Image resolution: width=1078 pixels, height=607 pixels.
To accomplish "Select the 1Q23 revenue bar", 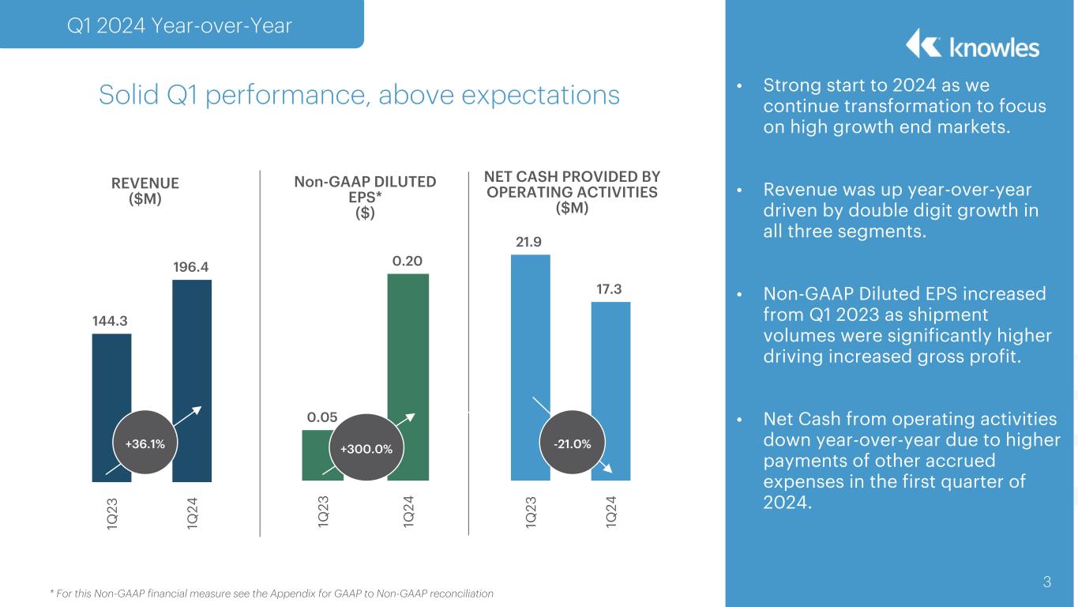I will point(111,379).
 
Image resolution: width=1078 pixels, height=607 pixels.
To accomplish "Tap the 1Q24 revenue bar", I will point(192,356).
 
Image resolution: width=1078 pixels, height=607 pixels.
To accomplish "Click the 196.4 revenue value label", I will point(191,267).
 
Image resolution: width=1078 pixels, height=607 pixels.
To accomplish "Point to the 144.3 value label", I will point(111,321).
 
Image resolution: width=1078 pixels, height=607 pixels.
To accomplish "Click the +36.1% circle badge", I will point(145,443).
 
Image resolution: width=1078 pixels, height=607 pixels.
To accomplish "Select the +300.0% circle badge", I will point(366,449).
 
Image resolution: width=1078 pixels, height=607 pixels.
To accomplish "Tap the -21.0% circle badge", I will point(572,444).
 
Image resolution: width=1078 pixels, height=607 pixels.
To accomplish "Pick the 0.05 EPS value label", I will point(322,417).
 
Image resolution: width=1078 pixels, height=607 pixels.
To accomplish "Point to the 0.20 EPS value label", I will point(408,261).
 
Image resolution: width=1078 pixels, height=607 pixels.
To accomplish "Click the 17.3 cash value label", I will point(610,289).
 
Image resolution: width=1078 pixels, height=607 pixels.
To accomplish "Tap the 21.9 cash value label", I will point(529,241).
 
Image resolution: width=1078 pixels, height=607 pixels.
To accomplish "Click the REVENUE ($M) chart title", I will point(145,190).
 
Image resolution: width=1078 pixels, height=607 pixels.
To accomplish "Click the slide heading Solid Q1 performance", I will point(359,95).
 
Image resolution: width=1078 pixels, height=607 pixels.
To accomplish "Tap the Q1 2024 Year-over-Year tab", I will point(179,26).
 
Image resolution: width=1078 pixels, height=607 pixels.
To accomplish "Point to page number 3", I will point(1046,582).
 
